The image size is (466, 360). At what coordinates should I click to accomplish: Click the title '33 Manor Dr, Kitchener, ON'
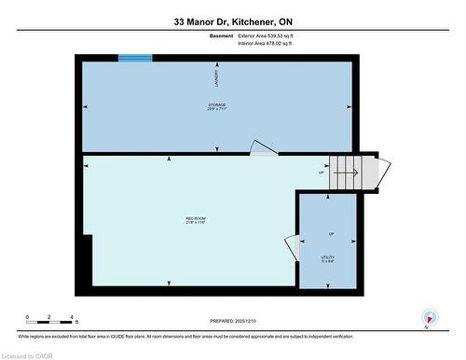(233, 21)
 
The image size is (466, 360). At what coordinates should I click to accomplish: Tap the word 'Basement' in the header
(222, 36)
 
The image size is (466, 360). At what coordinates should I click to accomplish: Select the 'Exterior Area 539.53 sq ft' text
(272, 36)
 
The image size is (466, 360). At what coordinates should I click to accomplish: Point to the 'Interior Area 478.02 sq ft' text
(271, 44)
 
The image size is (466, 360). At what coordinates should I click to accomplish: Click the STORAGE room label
(217, 104)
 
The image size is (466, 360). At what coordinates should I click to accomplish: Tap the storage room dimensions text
(217, 109)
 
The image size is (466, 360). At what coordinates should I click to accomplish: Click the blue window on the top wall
(135, 58)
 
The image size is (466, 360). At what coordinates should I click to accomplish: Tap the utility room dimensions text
(327, 261)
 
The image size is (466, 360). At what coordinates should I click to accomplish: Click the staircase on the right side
(353, 171)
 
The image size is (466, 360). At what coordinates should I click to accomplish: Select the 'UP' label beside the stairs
(322, 173)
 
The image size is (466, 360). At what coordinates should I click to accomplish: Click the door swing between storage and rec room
(262, 147)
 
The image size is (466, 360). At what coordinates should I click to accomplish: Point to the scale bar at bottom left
(51, 318)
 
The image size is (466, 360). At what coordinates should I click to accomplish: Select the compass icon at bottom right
(429, 316)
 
